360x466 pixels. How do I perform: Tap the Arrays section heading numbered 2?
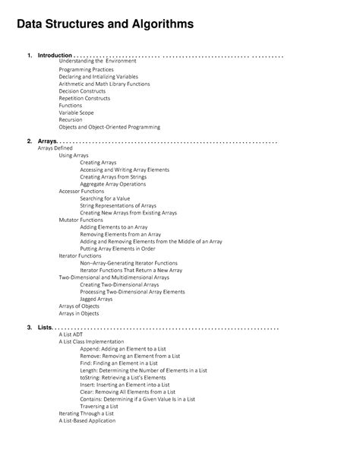point(46,141)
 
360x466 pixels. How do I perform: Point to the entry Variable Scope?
point(77,113)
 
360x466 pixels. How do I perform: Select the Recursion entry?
point(71,119)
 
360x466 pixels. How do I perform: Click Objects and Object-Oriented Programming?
point(109,127)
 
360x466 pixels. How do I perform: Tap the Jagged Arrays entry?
point(96,299)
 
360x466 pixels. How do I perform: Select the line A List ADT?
point(72,334)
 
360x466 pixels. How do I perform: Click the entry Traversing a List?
point(99,406)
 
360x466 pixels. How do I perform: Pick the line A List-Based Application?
point(87,420)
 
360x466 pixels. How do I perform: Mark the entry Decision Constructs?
point(83,90)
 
